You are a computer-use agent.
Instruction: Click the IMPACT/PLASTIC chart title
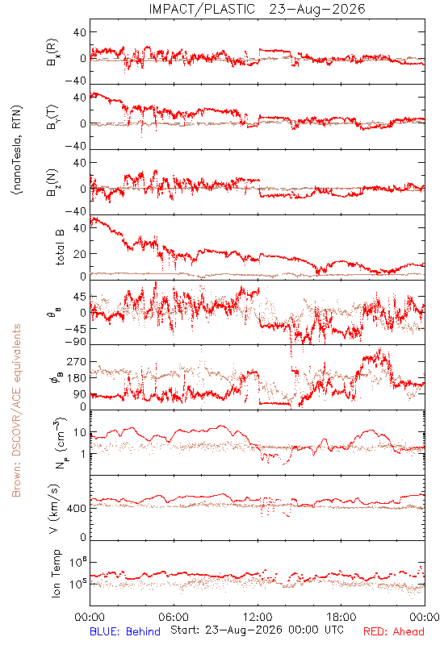[x=202, y=9]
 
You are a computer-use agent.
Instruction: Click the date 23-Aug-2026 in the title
[x=317, y=9]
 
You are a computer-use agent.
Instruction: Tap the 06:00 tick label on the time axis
[x=174, y=617]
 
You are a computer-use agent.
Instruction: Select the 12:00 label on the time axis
[x=258, y=617]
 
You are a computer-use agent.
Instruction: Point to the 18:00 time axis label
[x=341, y=617]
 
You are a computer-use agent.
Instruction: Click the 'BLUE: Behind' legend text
[x=125, y=631]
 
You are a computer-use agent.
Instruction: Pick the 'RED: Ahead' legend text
[x=393, y=631]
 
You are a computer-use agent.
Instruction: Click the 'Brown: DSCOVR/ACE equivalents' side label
[x=16, y=410]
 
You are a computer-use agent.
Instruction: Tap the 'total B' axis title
[x=59, y=248]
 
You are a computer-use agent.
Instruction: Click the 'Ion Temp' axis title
[x=56, y=573]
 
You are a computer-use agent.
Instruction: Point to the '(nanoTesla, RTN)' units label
[x=17, y=150]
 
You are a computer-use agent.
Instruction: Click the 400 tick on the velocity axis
[x=77, y=509]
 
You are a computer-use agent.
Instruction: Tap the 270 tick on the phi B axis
[x=77, y=362]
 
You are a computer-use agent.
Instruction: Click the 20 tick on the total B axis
[x=80, y=254]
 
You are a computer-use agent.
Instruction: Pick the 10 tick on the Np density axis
[x=80, y=433]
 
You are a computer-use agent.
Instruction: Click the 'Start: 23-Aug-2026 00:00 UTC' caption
[x=257, y=630]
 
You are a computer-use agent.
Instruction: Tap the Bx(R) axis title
[x=52, y=52]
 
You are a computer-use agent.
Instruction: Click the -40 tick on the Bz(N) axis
[x=76, y=211]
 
